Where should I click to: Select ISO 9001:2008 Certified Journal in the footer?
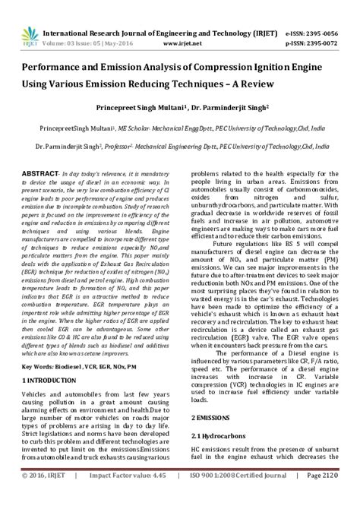[240, 498]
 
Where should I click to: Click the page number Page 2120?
[323, 498]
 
